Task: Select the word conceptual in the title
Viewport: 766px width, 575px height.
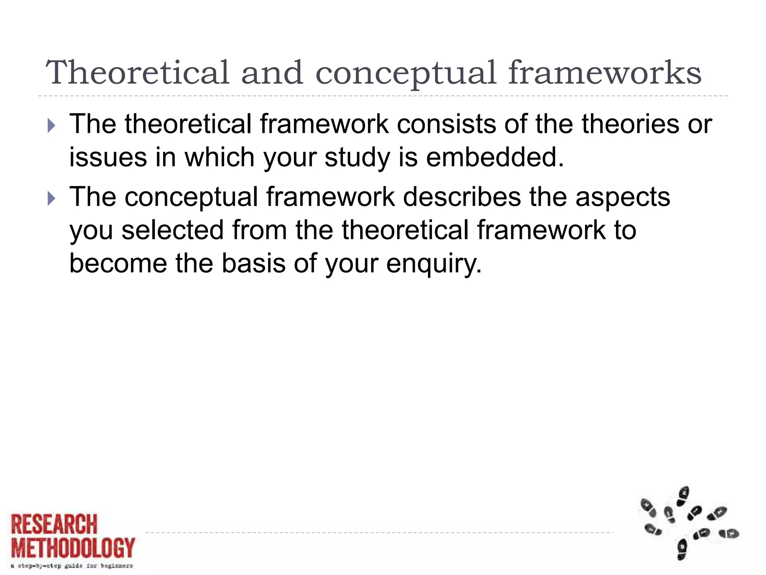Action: click(x=406, y=73)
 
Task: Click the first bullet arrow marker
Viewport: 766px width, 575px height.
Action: click(x=51, y=126)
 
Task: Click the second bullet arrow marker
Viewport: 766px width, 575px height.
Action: click(x=51, y=199)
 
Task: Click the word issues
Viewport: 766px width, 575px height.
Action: click(x=108, y=157)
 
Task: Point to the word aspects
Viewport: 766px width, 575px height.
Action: click(x=622, y=197)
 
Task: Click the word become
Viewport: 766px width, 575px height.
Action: click(x=118, y=263)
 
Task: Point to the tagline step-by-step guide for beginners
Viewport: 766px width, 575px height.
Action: click(x=72, y=566)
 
